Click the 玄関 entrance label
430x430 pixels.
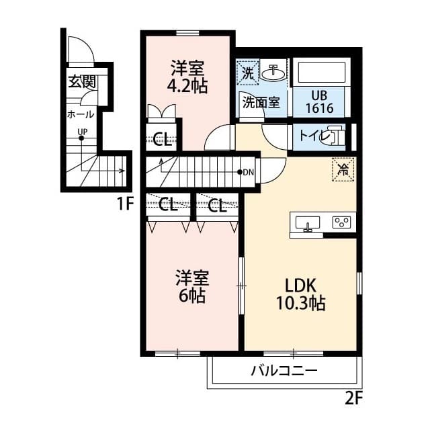tap(82, 81)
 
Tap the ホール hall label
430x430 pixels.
tap(81, 114)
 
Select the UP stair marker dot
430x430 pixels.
tap(81, 138)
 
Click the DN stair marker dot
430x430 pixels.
tap(240, 172)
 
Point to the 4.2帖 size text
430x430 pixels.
tap(187, 86)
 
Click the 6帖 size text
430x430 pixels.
tap(192, 296)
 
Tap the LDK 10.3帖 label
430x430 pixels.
tap(301, 294)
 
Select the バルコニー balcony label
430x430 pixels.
tap(284, 371)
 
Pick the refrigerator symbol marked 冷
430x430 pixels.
tap(343, 169)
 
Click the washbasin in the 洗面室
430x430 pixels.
tap(273, 73)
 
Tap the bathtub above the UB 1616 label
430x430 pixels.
tap(321, 73)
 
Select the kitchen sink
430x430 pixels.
tap(308, 224)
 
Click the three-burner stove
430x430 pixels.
tap(342, 222)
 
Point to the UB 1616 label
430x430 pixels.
tap(320, 101)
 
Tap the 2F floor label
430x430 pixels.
tap(354, 398)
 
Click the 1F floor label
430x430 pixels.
tap(125, 204)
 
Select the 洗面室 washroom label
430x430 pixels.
tap(261, 103)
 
